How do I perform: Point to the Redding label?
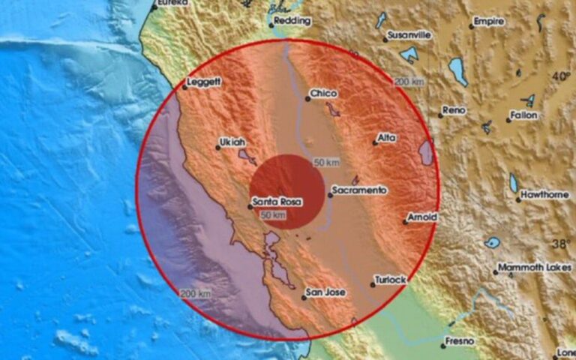pyautogui.click(x=293, y=21)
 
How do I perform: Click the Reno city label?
pyautogui.click(x=454, y=110)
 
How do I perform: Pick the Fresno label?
pyautogui.click(x=459, y=341)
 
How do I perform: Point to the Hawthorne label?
pyautogui.click(x=545, y=195)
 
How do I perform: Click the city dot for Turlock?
pyautogui.click(x=373, y=284)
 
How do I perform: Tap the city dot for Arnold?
pyautogui.click(x=406, y=222)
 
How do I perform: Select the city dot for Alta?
pyautogui.click(x=375, y=142)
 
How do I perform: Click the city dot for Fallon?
pyautogui.click(x=508, y=120)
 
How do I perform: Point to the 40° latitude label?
pyautogui.click(x=560, y=76)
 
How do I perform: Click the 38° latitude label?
pyautogui.click(x=560, y=244)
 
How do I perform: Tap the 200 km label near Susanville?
pyautogui.click(x=409, y=81)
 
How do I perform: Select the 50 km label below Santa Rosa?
pyautogui.click(x=274, y=216)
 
